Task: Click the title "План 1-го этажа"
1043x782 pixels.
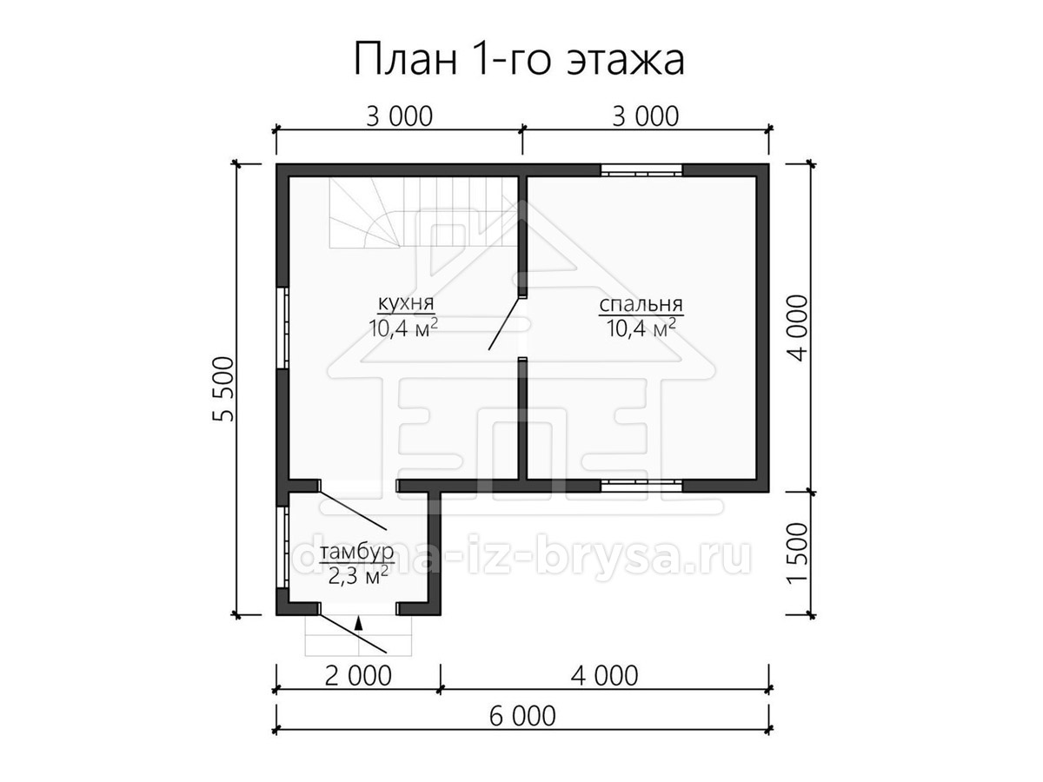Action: (519, 60)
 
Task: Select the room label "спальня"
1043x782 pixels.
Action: (641, 304)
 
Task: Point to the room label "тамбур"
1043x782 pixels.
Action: (357, 553)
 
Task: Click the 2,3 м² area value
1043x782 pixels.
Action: (358, 576)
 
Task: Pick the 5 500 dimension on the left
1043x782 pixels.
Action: (223, 389)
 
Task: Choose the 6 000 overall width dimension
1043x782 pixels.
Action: (522, 729)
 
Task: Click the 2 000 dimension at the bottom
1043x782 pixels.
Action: (358, 676)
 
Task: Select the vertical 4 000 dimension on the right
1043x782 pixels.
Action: (797, 328)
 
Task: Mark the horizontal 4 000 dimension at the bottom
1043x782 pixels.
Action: (604, 676)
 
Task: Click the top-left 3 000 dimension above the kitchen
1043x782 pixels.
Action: (399, 116)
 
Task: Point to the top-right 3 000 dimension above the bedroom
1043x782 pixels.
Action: (645, 116)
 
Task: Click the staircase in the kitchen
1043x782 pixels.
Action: (423, 211)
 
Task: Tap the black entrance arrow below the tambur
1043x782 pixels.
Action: (360, 623)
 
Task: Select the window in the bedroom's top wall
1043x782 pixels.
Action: (641, 170)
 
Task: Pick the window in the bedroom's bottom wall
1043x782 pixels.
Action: (641, 485)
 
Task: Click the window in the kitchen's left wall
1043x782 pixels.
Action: (282, 328)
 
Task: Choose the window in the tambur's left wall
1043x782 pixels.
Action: (282, 547)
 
